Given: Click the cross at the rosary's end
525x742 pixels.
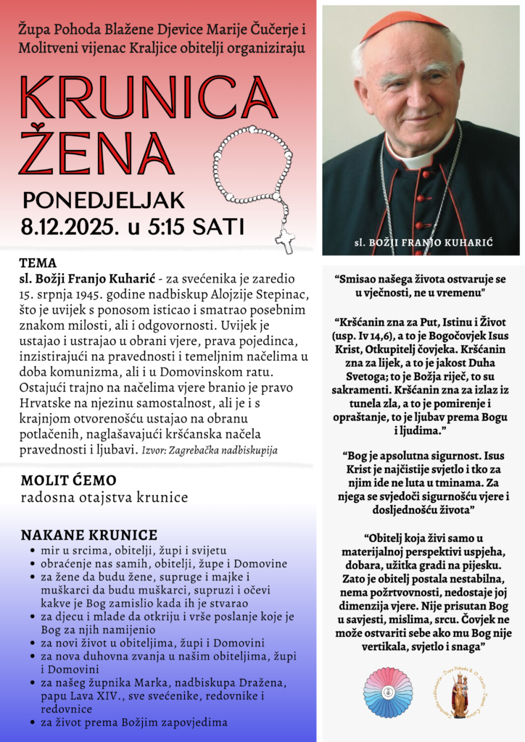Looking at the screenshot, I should point(286,238).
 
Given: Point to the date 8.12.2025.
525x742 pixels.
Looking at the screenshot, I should point(70,225).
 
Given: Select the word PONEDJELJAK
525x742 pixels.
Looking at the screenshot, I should point(104,200).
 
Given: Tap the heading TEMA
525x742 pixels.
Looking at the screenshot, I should point(38,262).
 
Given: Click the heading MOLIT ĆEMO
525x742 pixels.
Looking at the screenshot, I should point(68,480).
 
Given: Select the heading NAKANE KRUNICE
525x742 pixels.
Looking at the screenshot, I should point(88,535).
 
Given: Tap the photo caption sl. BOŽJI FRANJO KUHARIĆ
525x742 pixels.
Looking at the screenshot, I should point(421,241).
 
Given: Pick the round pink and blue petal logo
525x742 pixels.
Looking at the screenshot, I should point(388,693).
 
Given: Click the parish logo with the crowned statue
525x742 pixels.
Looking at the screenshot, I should point(460,693).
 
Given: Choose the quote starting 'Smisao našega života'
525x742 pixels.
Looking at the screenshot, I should point(420,285).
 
